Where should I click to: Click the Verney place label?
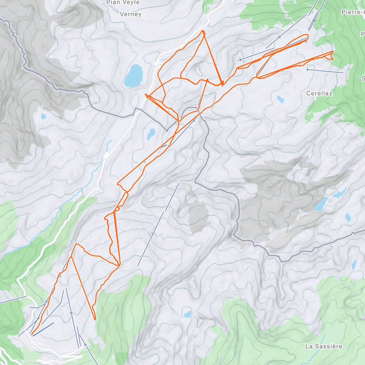[130, 14]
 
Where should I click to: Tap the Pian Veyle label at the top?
[123, 3]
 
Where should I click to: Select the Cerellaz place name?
[319, 93]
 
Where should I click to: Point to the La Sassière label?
[324, 346]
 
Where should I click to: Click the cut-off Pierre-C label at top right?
[353, 12]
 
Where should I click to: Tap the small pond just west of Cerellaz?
[280, 99]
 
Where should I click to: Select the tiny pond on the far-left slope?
[43, 116]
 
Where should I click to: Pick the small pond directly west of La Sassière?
[187, 314]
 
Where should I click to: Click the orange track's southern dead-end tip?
[95, 319]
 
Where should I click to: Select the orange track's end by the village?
[32, 335]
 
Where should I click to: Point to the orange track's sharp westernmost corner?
[146, 95]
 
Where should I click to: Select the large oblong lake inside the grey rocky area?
[321, 204]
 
